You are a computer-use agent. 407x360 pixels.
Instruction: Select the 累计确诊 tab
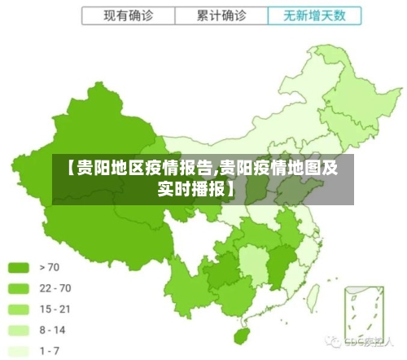[221, 15]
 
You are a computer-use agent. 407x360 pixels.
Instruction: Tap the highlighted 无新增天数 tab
[313, 15]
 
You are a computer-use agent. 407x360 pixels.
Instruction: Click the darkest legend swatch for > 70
[20, 266]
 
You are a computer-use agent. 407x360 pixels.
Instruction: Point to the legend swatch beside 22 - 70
[20, 288]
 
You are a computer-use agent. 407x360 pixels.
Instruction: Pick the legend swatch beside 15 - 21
[20, 309]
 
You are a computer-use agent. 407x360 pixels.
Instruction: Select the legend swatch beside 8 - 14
[20, 330]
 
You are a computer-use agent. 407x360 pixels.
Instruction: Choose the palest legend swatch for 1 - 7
[20, 350]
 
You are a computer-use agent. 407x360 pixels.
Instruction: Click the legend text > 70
[50, 266]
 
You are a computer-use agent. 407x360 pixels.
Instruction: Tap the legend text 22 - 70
[55, 288]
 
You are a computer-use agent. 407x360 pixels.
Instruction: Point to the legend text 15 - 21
[55, 309]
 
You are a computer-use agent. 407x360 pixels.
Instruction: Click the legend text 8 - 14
[53, 330]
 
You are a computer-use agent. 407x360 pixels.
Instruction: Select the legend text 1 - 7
[50, 350]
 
